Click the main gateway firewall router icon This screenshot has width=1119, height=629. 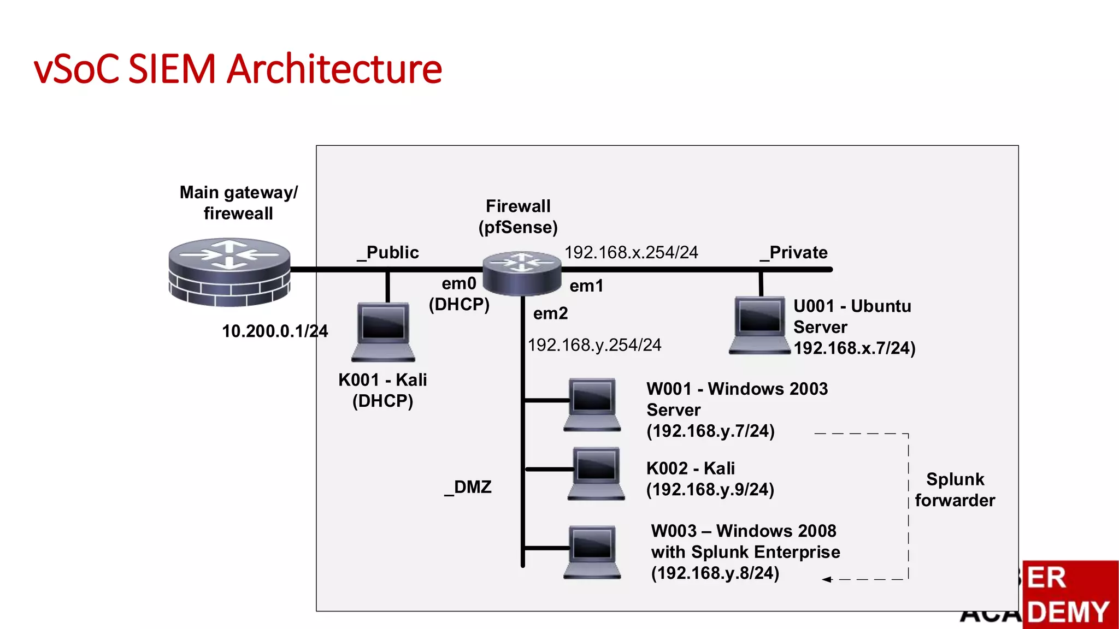pos(229,271)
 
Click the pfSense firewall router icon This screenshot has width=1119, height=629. pos(522,273)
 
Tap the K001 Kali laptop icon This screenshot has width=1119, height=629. pos(383,332)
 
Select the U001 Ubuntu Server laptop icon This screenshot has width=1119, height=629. pos(759,325)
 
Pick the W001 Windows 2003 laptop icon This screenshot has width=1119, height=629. pos(592,405)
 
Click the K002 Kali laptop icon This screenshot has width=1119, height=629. pos(596,473)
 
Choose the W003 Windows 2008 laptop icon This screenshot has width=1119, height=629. pos(592,551)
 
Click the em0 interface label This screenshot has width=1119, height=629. pos(459,283)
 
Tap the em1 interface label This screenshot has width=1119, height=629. pos(586,286)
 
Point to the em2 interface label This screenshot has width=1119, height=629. pos(550,313)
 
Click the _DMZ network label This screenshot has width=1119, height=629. pos(468,487)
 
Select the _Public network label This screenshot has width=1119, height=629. pos(388,252)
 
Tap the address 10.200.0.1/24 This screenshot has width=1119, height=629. pos(275,331)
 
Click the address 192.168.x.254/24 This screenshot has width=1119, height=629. pos(631,252)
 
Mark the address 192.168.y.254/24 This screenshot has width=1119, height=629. pos(594,345)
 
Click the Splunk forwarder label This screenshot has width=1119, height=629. pos(955,490)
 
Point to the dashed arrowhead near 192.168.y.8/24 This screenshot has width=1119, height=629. pos(827,579)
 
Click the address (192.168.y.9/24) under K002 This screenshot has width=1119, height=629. pos(710,489)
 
